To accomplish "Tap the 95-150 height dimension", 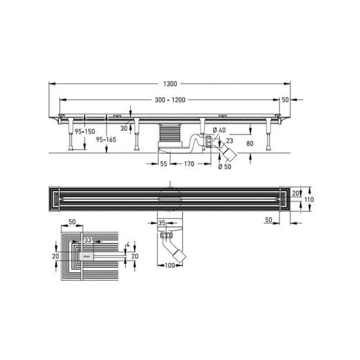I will tap(84, 131).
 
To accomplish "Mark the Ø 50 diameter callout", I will tap(225, 166).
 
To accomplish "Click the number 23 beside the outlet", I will tap(229, 141).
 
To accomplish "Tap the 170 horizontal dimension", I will tap(189, 163).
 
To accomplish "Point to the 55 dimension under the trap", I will tap(163, 163).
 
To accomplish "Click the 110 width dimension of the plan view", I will tap(309, 199).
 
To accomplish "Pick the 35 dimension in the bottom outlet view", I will tap(162, 222).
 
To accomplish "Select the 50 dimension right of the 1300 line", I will tap(285, 100).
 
